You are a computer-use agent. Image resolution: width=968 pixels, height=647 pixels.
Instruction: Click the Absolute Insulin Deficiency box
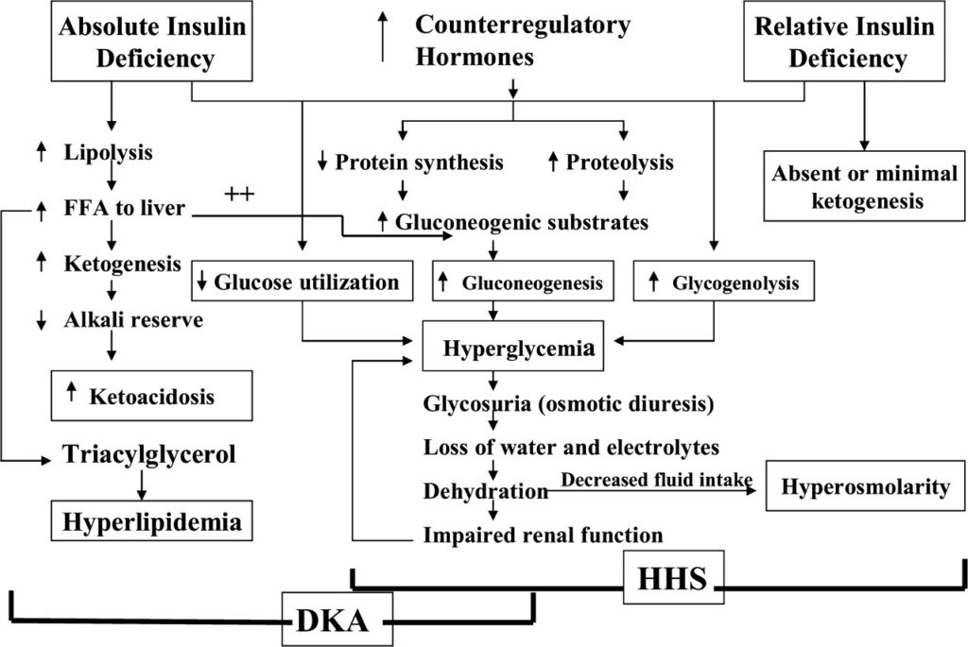[151, 43]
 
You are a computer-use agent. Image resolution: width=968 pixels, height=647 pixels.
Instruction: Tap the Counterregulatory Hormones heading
[522, 40]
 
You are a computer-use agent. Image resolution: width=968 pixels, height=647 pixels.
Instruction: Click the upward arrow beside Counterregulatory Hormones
[383, 37]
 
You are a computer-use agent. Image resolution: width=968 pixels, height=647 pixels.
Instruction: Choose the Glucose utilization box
[302, 281]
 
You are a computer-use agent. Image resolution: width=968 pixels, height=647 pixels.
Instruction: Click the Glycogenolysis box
[722, 281]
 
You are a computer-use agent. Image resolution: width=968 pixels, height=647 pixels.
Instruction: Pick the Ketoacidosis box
[152, 396]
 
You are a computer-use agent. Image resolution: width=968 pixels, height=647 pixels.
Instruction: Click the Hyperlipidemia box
[151, 520]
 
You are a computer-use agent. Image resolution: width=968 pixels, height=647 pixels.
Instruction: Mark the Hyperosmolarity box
[865, 487]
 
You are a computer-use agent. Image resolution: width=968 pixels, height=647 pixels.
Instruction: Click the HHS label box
[672, 577]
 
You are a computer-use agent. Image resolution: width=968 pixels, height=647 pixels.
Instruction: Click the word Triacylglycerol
[148, 455]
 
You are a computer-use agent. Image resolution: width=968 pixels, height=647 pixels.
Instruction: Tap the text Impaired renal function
[543, 535]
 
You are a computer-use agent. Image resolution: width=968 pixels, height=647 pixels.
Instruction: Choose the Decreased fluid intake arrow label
[656, 480]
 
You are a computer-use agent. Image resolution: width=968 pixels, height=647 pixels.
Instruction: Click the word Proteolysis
[620, 162]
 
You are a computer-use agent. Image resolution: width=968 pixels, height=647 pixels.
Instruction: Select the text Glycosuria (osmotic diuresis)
[567, 404]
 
